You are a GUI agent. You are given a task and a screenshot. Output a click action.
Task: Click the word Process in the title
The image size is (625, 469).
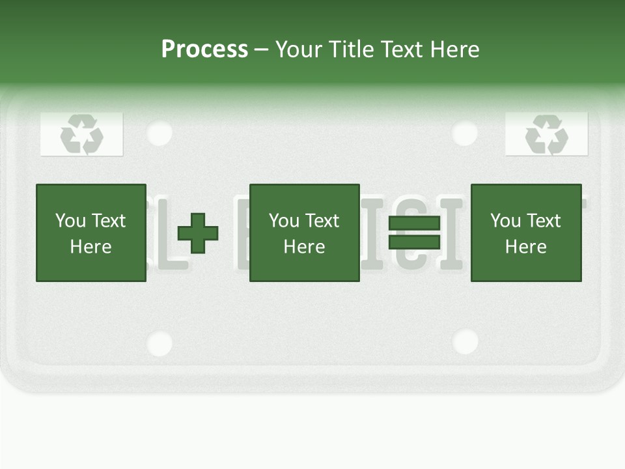coord(204,50)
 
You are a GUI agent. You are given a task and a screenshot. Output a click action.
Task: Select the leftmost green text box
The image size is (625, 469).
coord(91,233)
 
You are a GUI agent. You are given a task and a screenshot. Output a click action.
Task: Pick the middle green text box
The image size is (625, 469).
coord(305,233)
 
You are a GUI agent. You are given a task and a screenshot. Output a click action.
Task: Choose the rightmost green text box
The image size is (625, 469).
coord(526,233)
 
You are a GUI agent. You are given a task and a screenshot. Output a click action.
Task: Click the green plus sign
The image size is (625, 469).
coord(198,233)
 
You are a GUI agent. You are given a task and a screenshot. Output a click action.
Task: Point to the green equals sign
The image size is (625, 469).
coord(414,233)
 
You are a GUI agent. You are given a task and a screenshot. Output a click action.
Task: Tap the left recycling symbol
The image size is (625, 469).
coord(82,134)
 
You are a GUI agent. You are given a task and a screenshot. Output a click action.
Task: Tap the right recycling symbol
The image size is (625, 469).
coord(547,134)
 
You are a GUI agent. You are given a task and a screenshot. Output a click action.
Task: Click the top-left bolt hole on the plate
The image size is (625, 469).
coord(160,134)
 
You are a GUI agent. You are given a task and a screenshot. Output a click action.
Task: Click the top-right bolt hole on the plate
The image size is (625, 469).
coord(465,134)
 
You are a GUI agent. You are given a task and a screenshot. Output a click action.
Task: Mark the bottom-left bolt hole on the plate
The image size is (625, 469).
coord(160,343)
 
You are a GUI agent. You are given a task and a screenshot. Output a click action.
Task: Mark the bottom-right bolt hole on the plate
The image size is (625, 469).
coord(465,341)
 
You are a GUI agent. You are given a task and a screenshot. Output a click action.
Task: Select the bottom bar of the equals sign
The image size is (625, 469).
coord(414,242)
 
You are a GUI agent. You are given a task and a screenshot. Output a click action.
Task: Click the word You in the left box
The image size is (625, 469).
coord(71,221)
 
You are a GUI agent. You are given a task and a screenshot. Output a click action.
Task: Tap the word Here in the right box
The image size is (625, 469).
coord(526,247)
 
